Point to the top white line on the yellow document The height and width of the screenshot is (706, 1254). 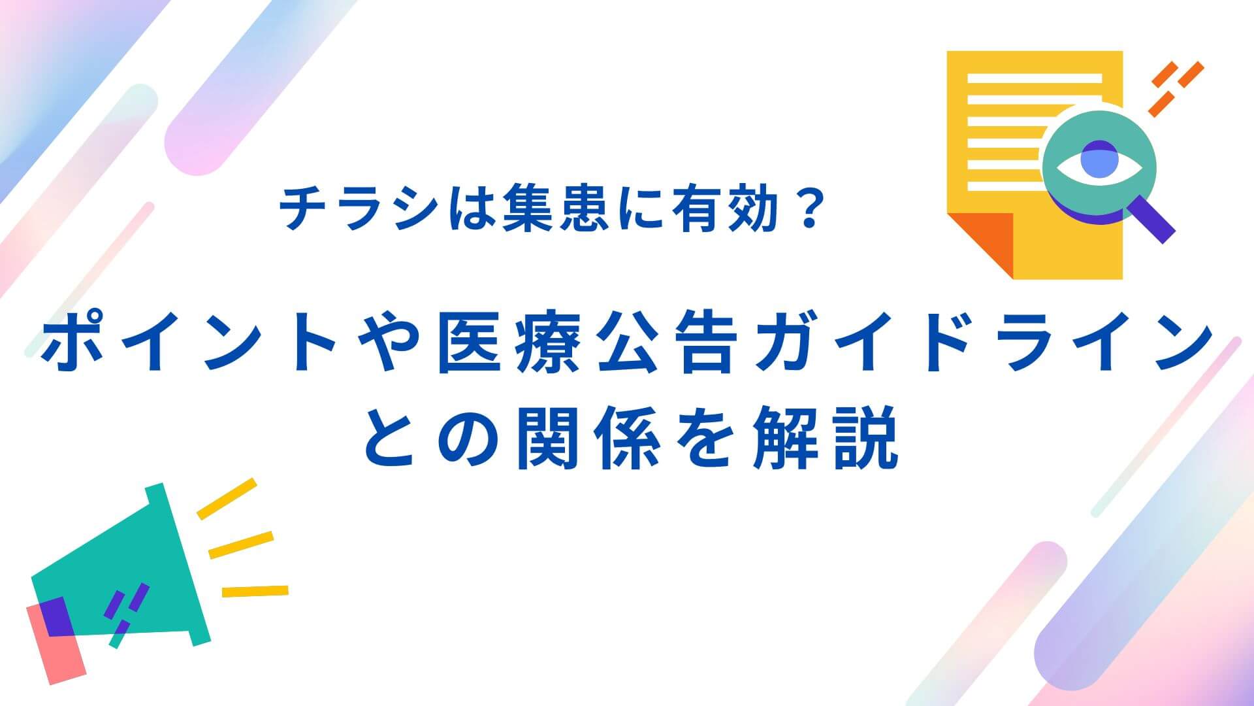1034,78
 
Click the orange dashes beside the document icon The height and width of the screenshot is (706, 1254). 1176,88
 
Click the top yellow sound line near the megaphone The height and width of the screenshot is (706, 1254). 227,498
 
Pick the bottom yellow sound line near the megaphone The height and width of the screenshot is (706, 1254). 255,591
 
